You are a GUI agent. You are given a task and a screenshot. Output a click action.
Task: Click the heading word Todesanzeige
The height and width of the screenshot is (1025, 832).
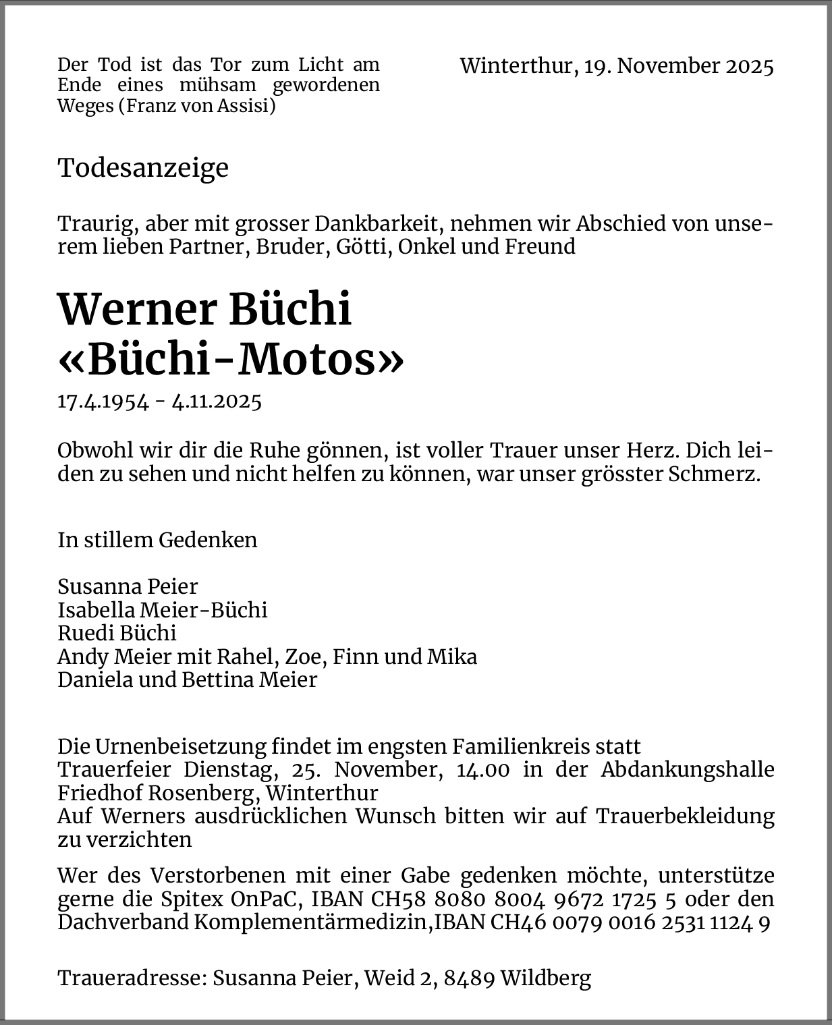click(143, 168)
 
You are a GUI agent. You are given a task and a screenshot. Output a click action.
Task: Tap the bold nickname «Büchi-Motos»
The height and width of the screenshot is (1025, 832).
click(231, 360)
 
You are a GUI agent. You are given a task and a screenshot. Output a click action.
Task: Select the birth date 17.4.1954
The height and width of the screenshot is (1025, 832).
click(103, 401)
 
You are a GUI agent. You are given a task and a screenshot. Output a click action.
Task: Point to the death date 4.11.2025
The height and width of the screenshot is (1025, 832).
click(217, 401)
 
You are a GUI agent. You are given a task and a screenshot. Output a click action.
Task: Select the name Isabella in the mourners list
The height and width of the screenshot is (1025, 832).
click(96, 610)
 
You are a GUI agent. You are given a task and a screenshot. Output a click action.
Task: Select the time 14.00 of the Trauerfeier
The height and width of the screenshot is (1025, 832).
click(482, 770)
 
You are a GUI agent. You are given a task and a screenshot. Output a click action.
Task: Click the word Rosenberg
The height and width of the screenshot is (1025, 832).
click(205, 792)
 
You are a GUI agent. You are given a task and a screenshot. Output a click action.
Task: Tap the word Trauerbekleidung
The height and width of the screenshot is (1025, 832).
click(685, 816)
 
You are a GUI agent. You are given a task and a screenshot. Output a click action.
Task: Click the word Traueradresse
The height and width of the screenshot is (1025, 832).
click(132, 978)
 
